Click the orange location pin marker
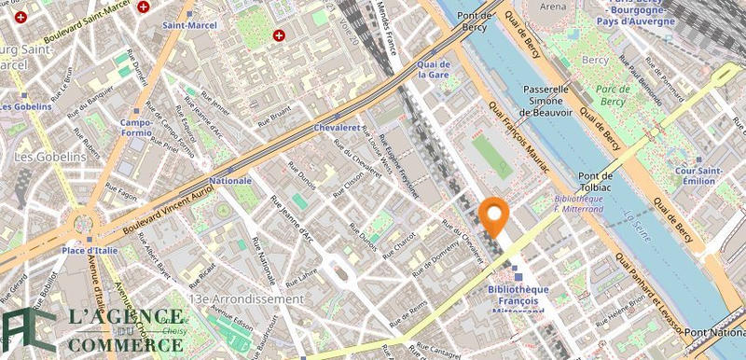pyautogui.click(x=491, y=216)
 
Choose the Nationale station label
pyautogui.click(x=230, y=179)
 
